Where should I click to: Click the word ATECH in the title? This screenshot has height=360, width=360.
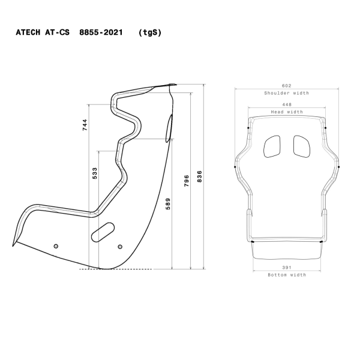[x=29, y=34]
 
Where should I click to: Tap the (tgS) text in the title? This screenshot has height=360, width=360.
[x=149, y=34]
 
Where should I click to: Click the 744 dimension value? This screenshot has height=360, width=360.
[x=85, y=125]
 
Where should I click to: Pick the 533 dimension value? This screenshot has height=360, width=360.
[x=95, y=173]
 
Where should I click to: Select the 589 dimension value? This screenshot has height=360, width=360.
[x=168, y=204]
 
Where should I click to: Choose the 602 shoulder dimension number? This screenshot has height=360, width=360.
[x=286, y=86]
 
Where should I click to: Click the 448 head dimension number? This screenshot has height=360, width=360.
[x=286, y=104]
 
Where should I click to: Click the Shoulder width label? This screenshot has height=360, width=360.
[x=286, y=93]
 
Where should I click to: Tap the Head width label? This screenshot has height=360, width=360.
[x=286, y=112]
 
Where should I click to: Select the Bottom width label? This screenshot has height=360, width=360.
[x=286, y=275]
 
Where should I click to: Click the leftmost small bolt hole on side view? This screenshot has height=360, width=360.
[x=56, y=247]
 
